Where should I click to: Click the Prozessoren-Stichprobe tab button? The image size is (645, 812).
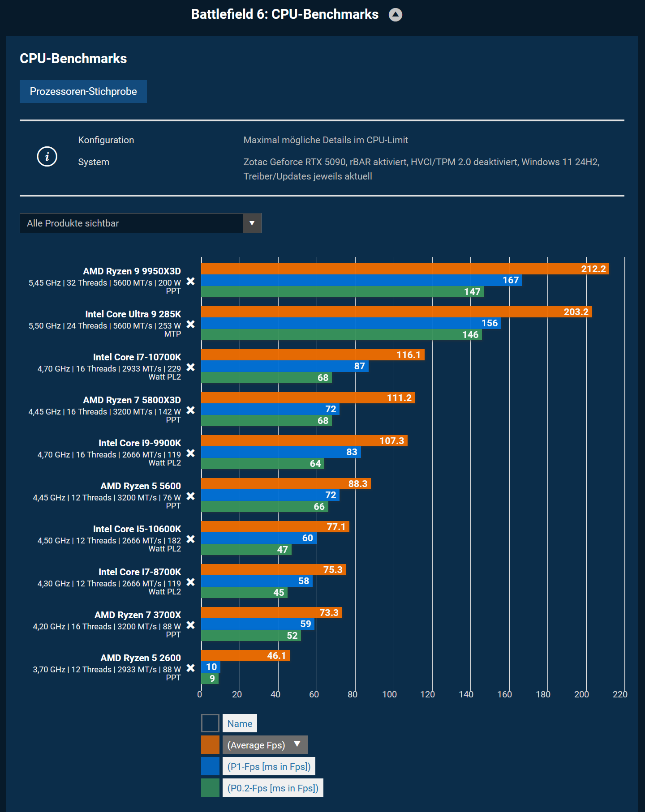[x=83, y=91]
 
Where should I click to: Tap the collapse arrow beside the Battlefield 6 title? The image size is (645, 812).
[x=395, y=15]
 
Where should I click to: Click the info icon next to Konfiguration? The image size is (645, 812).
[x=47, y=157]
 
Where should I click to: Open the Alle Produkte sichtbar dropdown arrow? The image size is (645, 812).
[x=252, y=223]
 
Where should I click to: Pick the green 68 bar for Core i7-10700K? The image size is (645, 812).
[x=266, y=378]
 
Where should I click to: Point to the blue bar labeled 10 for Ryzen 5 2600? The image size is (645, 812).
[x=211, y=667]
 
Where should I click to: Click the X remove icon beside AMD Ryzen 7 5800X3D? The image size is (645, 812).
[x=190, y=410]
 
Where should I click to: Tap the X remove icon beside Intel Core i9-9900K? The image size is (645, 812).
[x=190, y=453]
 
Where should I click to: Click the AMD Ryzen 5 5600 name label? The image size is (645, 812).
[x=141, y=486]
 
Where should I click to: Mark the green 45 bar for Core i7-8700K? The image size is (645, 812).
[x=244, y=593]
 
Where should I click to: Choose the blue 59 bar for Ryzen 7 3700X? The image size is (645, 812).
[x=258, y=624]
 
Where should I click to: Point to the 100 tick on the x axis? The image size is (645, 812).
[x=390, y=694]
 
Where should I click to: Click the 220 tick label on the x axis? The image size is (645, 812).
[x=620, y=694]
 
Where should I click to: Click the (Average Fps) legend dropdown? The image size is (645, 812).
[x=265, y=745]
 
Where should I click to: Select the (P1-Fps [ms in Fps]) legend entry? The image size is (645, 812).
[x=269, y=766]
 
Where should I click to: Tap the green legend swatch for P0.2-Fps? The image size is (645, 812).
[x=210, y=788]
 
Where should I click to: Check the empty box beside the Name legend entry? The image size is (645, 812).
[x=210, y=723]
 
